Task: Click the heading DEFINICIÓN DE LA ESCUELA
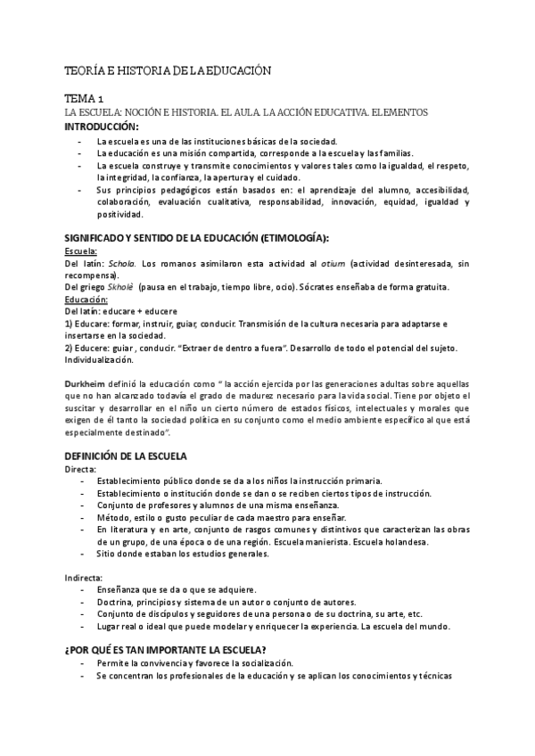126,456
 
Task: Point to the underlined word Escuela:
80,251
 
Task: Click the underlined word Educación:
86,300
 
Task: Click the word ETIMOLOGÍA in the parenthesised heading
290,238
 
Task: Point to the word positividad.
120,214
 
